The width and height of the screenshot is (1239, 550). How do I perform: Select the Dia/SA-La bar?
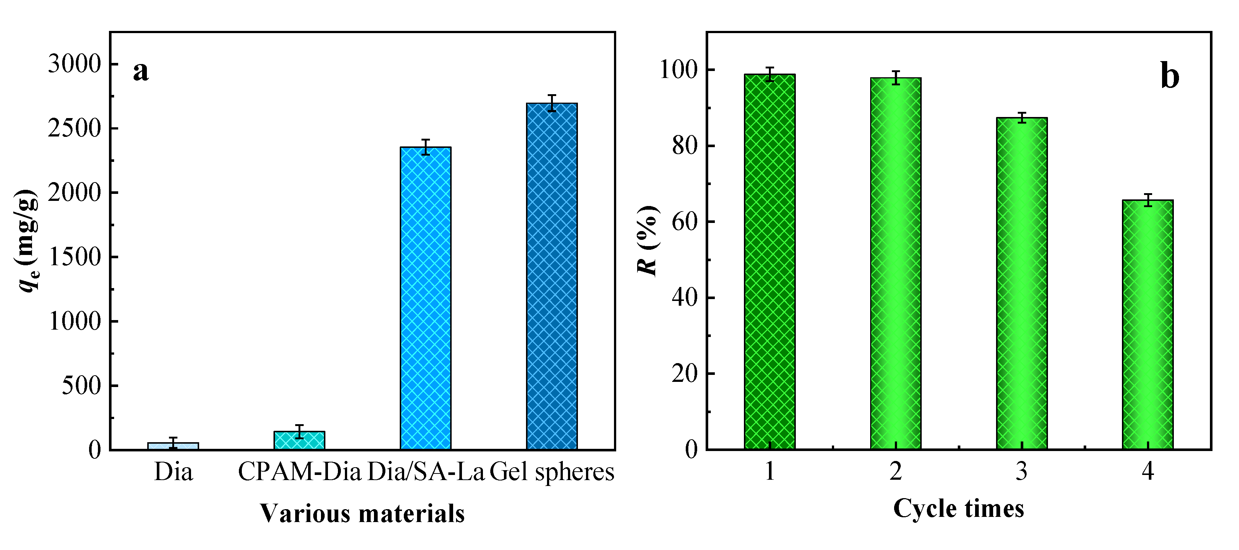pos(426,298)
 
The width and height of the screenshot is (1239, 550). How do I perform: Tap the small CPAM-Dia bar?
pos(299,440)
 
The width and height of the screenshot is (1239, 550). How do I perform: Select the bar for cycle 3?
pos(1021,284)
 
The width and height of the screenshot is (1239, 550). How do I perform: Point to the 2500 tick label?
pos(75,128)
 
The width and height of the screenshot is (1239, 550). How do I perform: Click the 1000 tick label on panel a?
pos(75,321)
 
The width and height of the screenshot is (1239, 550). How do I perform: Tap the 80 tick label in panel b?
pos(685,146)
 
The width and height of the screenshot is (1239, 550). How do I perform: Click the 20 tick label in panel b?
pos(685,373)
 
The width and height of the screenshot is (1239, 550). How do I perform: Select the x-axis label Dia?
pos(173,472)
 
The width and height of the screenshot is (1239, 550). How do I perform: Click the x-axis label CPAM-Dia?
pos(299,472)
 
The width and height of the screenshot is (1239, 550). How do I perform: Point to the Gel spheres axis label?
pos(552,472)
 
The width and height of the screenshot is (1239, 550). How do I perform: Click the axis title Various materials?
pos(362,514)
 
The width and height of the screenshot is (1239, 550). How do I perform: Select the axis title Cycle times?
pos(959,509)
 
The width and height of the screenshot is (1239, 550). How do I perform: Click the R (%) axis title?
pos(647,240)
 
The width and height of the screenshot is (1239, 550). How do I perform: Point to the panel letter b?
pos(1170,76)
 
